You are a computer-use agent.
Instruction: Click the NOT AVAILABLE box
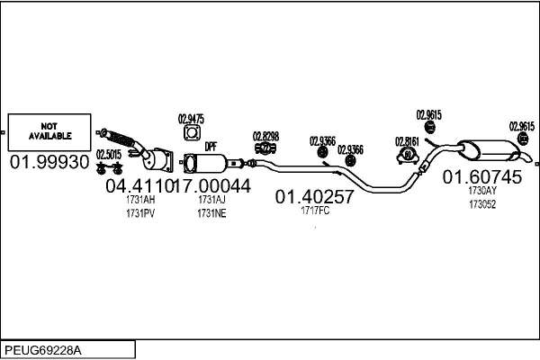(x=50, y=131)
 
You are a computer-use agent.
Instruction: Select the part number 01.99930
(x=50, y=162)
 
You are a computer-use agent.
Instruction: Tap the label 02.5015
(x=109, y=154)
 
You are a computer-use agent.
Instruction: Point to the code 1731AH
(x=141, y=200)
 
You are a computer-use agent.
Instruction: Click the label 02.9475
(x=191, y=118)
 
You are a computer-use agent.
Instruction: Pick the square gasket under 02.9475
(x=192, y=134)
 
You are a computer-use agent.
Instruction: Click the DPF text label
(x=211, y=146)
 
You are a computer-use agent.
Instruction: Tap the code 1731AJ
(x=211, y=200)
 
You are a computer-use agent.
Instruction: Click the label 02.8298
(x=265, y=136)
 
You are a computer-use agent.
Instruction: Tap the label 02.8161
(x=408, y=140)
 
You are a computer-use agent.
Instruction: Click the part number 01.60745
(x=481, y=177)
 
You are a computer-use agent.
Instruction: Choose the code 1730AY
(x=481, y=191)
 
